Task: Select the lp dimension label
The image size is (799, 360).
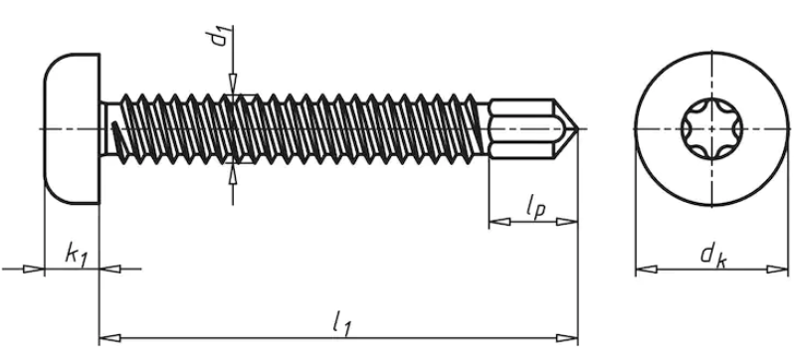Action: (x=535, y=207)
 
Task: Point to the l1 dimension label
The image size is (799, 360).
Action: (x=342, y=323)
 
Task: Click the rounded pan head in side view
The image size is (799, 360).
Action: (x=72, y=129)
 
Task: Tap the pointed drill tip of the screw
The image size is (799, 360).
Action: (x=566, y=129)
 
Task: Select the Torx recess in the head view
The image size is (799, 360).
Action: (x=711, y=129)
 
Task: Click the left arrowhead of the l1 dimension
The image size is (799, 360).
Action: (x=109, y=337)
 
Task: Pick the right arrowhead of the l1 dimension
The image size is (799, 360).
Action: (x=567, y=337)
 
